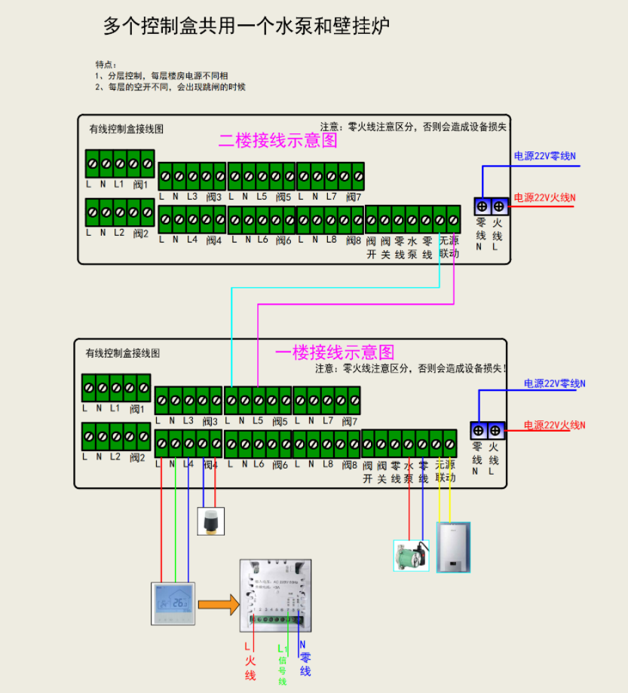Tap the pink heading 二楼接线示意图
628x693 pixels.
[278, 140]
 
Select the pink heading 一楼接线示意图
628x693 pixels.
[335, 352]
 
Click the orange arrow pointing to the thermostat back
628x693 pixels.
[219, 603]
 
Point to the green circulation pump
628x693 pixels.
[411, 555]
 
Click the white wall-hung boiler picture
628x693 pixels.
[454, 546]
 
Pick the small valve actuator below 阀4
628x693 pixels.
[210, 521]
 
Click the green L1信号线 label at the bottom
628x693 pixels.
[283, 664]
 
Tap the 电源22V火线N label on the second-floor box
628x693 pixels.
[545, 198]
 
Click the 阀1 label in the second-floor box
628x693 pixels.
[140, 184]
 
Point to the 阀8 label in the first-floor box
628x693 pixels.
[348, 464]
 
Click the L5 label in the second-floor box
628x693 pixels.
[262, 197]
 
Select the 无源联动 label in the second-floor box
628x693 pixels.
[448, 247]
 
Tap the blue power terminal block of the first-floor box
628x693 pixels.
[486, 431]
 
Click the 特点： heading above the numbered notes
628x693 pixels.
[106, 64]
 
